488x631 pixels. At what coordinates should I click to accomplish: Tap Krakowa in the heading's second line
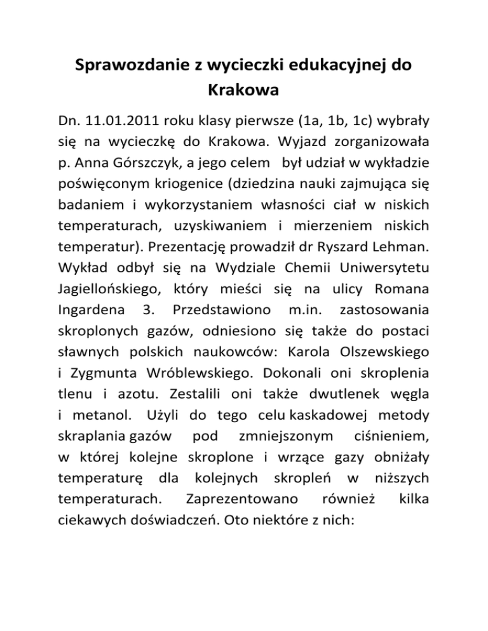[244, 90]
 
